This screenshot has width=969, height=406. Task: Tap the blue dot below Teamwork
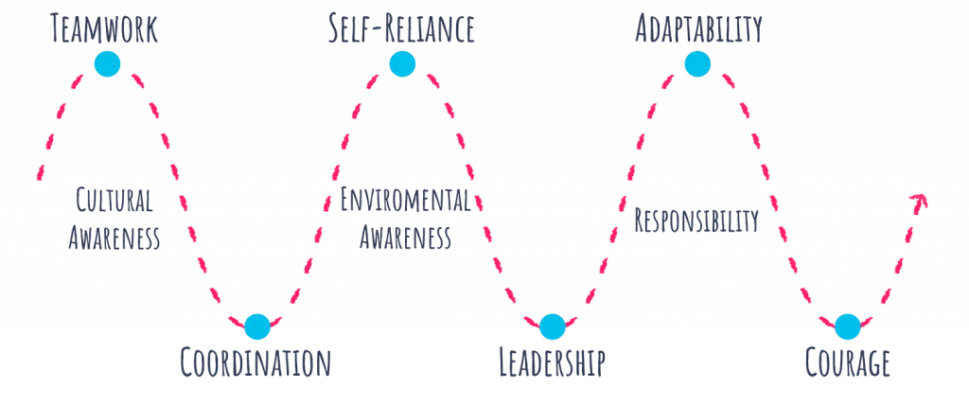tap(107, 64)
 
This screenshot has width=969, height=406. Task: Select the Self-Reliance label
tap(401, 29)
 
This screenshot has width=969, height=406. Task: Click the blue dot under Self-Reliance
tap(401, 64)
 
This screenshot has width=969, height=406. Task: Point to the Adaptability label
tap(697, 29)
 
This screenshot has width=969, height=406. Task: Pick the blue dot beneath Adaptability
tap(697, 64)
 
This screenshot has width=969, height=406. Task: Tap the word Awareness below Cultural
tap(115, 238)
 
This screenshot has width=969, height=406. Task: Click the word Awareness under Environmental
tap(404, 237)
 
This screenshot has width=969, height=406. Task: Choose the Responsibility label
tap(696, 221)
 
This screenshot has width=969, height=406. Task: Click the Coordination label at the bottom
tap(256, 362)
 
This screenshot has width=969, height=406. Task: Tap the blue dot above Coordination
tap(256, 327)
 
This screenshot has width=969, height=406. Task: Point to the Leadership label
tap(553, 362)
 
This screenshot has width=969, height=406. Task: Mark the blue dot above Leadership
tap(553, 327)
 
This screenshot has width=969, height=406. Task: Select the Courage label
tap(847, 362)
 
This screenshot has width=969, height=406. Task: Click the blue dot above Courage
tap(847, 327)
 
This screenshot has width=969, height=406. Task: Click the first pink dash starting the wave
tap(41, 169)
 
